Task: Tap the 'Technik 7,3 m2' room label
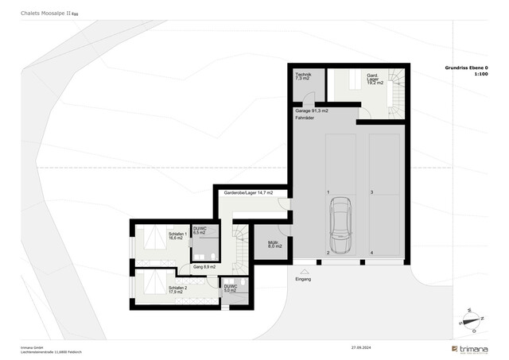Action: [x=303, y=77]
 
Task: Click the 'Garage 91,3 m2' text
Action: [x=312, y=110]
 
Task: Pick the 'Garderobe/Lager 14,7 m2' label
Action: [x=247, y=193]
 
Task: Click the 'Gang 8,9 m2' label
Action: [x=204, y=267]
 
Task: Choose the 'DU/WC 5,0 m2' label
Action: [x=230, y=288]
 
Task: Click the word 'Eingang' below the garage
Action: [x=303, y=280]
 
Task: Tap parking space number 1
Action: [x=328, y=193]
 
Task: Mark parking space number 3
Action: [x=371, y=193]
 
